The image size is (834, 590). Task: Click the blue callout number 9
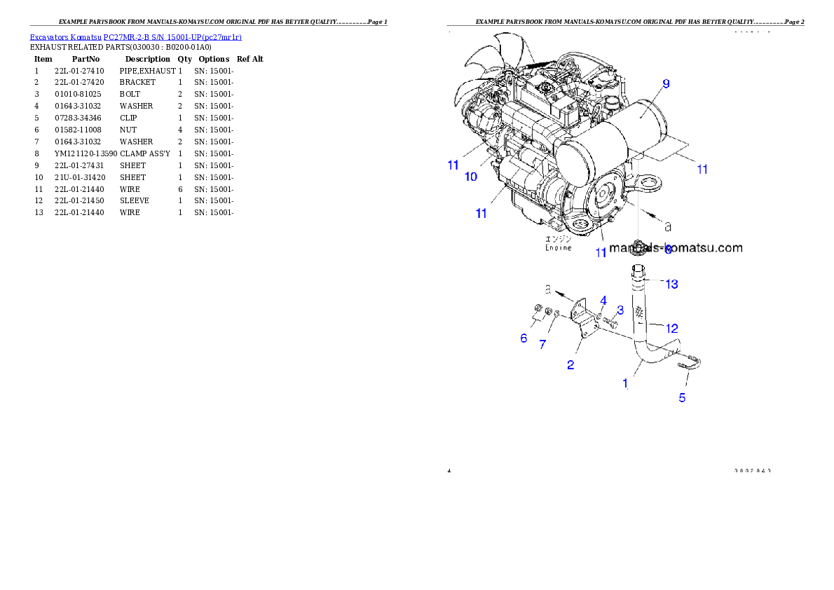(665, 83)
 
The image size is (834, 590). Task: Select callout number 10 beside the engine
(471, 177)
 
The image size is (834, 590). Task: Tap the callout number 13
(671, 284)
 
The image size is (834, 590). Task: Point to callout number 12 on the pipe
(671, 328)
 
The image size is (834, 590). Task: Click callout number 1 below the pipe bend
(625, 383)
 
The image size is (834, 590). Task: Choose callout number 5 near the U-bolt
(682, 398)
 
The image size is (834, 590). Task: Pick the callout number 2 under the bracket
(570, 365)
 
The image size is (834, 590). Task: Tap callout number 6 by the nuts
(524, 338)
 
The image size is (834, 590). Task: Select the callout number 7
(542, 345)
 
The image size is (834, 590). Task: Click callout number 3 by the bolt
(620, 310)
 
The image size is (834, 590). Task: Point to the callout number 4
(603, 301)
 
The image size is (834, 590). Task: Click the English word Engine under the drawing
(559, 247)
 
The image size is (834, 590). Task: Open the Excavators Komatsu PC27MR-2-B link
(135, 37)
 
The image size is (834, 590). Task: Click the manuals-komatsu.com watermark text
(676, 247)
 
